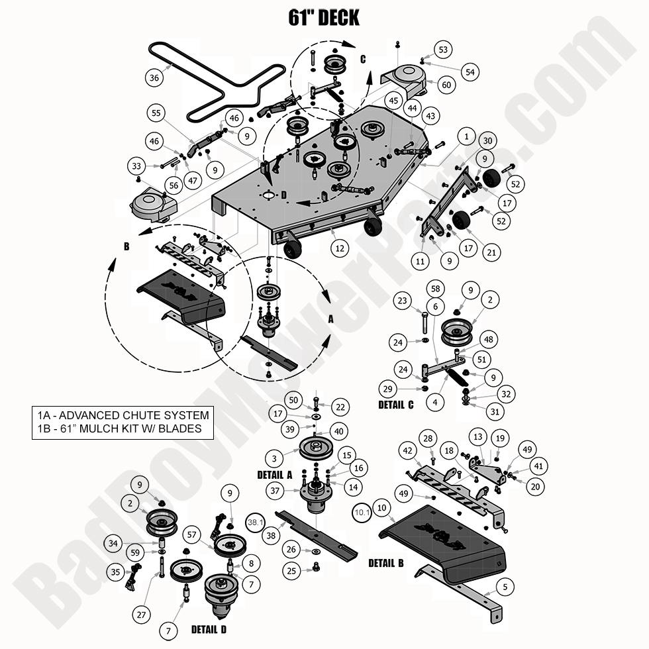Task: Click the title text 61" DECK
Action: (x=324, y=18)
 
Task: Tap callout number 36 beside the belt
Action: (x=154, y=77)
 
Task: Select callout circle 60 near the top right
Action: (x=446, y=85)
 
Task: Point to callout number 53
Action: (x=443, y=50)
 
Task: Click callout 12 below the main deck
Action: (x=340, y=248)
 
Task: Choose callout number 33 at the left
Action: (x=136, y=166)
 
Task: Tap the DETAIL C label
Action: (x=395, y=405)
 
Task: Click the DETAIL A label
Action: (x=274, y=475)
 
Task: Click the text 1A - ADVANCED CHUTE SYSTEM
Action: (x=124, y=415)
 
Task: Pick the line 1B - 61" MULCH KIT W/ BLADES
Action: (x=124, y=429)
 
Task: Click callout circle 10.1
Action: (x=362, y=512)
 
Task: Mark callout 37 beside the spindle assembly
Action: (x=274, y=490)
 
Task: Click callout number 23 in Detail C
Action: (x=402, y=300)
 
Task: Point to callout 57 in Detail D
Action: (x=192, y=534)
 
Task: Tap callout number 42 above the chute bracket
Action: (x=408, y=450)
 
